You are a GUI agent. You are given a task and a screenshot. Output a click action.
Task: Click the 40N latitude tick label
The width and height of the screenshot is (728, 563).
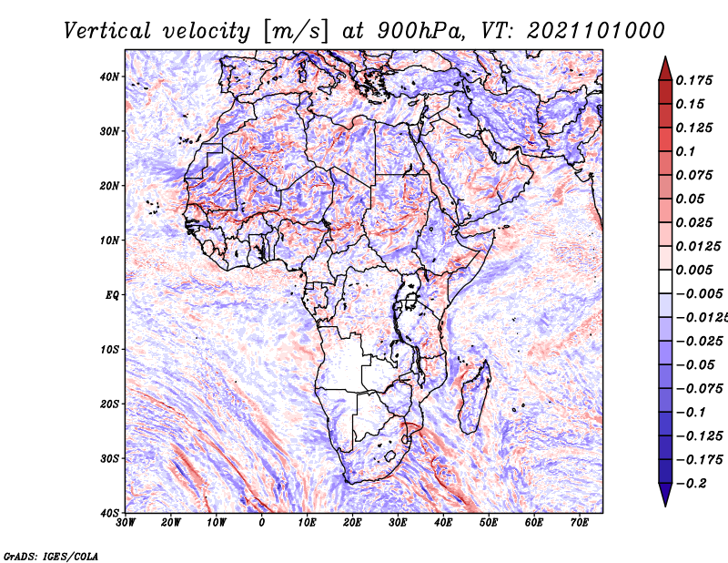tap(109, 77)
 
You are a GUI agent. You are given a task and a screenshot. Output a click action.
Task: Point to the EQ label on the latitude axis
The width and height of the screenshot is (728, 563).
tap(112, 295)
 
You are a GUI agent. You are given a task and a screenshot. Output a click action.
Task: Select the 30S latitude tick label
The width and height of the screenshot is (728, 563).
tap(109, 459)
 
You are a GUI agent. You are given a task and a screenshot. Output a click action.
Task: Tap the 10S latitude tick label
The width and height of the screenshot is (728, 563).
tap(109, 350)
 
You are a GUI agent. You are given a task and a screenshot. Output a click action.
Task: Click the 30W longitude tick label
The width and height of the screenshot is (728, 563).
tap(126, 523)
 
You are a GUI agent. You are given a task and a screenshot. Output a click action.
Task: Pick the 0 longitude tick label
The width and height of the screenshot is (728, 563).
tap(262, 523)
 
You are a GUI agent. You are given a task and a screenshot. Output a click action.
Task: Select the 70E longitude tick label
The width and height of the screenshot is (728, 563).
tap(580, 523)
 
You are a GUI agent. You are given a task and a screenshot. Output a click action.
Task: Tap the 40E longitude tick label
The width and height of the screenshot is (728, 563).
tap(443, 523)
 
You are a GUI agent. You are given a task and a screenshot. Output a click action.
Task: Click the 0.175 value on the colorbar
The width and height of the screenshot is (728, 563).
tap(694, 80)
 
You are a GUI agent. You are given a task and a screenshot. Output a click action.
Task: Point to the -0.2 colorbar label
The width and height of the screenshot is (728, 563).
tap(692, 484)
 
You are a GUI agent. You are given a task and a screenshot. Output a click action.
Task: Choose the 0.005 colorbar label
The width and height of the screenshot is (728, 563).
tap(694, 270)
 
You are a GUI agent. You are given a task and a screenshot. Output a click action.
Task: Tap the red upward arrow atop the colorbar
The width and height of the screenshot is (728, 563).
tap(665, 69)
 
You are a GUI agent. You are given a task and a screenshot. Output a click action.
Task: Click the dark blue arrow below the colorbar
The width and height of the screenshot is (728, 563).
tap(665, 495)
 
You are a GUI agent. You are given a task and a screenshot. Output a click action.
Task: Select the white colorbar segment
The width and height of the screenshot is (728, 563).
tap(665, 281)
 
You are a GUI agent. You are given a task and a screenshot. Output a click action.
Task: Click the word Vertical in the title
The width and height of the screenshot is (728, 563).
tap(107, 31)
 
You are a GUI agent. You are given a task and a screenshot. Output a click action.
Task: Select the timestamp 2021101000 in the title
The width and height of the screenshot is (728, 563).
tap(596, 31)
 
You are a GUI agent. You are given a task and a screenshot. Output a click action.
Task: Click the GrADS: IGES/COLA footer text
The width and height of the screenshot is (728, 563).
tap(51, 556)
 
